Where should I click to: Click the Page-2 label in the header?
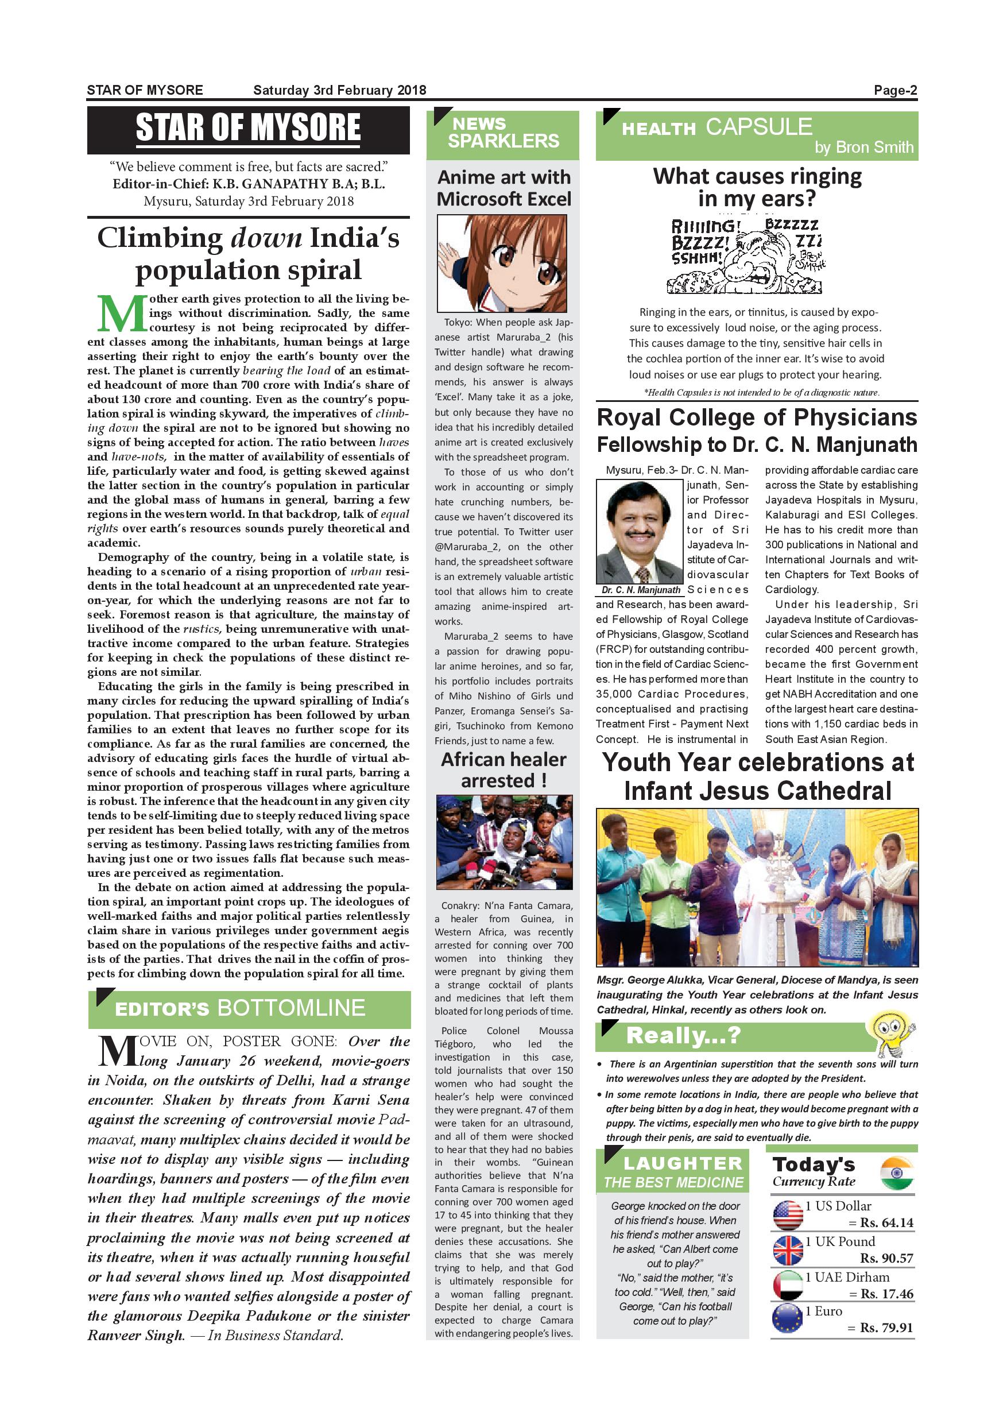coord(895,91)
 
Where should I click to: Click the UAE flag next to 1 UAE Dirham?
coord(788,1286)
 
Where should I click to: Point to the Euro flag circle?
coord(788,1320)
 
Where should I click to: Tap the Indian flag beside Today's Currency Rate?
coord(896,1173)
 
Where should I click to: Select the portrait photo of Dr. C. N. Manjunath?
coord(640,532)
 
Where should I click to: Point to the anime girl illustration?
coord(502,263)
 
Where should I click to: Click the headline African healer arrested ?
coord(503,769)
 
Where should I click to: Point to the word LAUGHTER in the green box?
coord(682,1163)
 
